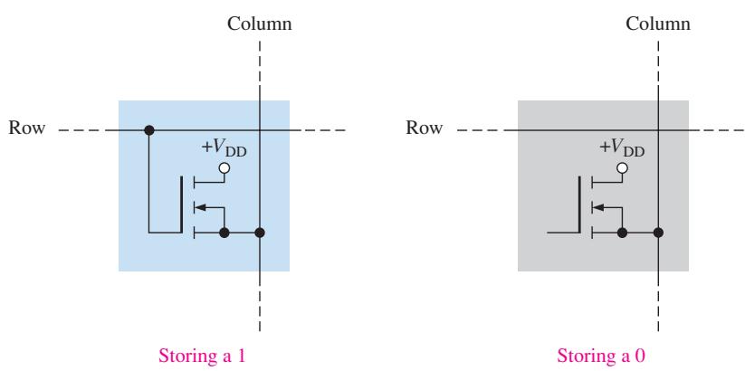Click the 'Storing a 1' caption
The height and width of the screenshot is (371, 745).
[x=202, y=356]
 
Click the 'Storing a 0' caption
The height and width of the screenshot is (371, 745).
[x=601, y=356]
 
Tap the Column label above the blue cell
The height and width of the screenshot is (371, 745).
[x=260, y=24]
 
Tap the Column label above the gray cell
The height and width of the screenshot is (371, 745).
[x=658, y=24]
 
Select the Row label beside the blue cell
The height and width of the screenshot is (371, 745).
[x=27, y=128]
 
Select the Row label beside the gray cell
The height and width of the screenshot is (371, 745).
[x=425, y=128]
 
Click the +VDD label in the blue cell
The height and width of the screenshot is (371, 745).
[x=224, y=148]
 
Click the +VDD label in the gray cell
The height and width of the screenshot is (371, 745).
[x=622, y=148]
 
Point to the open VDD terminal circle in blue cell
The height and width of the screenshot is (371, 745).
[x=224, y=168]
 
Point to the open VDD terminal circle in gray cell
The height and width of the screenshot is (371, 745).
[x=622, y=168]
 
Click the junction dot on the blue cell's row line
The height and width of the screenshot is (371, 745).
[x=149, y=129]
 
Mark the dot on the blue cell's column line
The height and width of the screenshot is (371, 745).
[x=260, y=233]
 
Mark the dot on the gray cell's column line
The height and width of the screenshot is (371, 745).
[x=658, y=233]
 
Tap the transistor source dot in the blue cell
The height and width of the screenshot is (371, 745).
[x=224, y=233]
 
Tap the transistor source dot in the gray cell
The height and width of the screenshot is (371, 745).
[x=622, y=233]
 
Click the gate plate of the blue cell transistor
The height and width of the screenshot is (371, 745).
[x=182, y=205]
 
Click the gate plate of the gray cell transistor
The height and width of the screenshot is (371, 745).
[x=579, y=205]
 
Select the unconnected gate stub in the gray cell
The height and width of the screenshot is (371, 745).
[x=563, y=233]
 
